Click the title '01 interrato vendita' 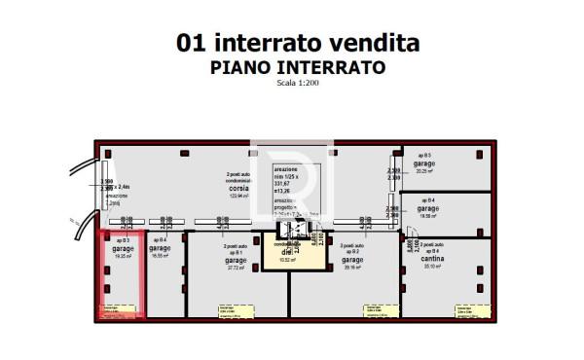point(298,43)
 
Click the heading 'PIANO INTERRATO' point(298,67)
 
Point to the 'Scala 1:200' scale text point(298,83)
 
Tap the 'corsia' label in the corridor point(238,190)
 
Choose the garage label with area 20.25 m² point(423,164)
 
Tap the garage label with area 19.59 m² point(427,209)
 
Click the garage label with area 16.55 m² point(160,249)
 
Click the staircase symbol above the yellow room point(289,230)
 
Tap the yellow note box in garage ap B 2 point(374,310)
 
